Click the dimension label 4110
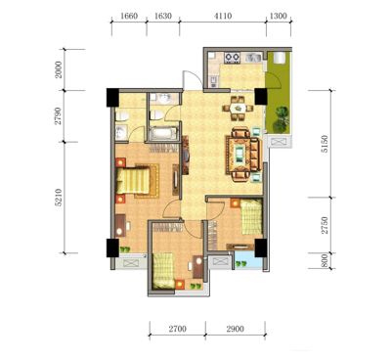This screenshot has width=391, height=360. coord(223,16)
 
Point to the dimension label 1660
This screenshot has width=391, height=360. coord(129,16)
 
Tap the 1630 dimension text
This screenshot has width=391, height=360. coord(163,16)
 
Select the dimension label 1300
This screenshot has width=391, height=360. coord(279,16)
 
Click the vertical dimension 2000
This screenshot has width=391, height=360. coord(59,69)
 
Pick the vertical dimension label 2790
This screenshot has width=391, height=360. coord(59,116)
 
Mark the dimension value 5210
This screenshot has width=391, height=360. coord(59,198)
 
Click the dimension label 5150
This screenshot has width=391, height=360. coord(325,144)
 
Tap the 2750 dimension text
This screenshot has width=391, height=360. coord(325,225)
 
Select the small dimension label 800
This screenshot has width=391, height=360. coord(325,261)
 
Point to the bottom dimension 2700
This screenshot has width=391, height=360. coord(178,329)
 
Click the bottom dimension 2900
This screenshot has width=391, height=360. coord(236,329)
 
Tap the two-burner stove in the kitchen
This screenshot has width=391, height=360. coord(233,58)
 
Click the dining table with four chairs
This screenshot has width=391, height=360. coord(239,108)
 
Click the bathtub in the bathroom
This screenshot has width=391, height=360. coord(164,134)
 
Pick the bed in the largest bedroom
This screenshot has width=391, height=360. coord(133,180)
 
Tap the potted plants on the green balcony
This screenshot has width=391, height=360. coord(281,119)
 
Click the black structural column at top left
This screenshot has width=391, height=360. coord(112,98)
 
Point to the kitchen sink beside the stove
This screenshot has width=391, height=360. coord(253,58)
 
